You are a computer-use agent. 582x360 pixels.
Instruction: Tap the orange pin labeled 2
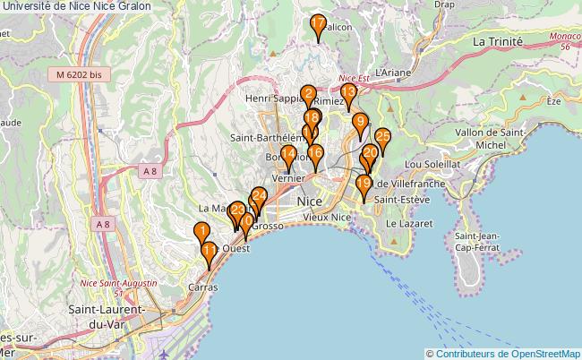(x=308, y=95)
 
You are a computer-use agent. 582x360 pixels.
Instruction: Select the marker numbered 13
(x=348, y=93)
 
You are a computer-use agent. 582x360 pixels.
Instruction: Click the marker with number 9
(x=360, y=124)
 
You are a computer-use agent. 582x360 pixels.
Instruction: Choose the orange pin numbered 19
(x=363, y=185)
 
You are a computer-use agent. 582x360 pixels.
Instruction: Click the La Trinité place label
(x=497, y=42)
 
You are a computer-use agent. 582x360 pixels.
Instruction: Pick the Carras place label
(x=202, y=287)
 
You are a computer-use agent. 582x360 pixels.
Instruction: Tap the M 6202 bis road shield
(x=79, y=77)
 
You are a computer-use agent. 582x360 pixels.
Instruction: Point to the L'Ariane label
(x=393, y=72)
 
